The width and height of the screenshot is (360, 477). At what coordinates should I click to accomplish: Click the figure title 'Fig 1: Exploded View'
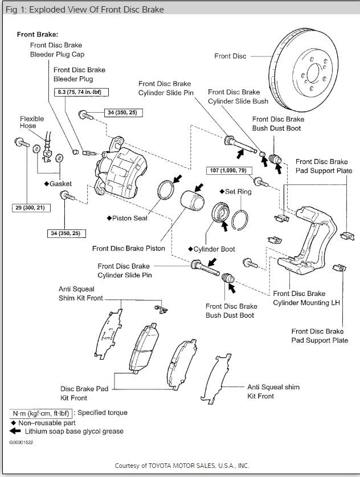click(x=83, y=9)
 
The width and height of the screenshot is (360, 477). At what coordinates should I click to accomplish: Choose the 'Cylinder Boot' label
click(x=212, y=249)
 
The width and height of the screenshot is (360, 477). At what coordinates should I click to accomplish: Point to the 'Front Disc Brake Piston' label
click(x=129, y=248)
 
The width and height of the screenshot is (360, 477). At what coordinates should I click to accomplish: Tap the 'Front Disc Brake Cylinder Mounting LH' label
click(x=306, y=298)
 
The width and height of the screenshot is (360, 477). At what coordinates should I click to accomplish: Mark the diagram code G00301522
click(x=21, y=441)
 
